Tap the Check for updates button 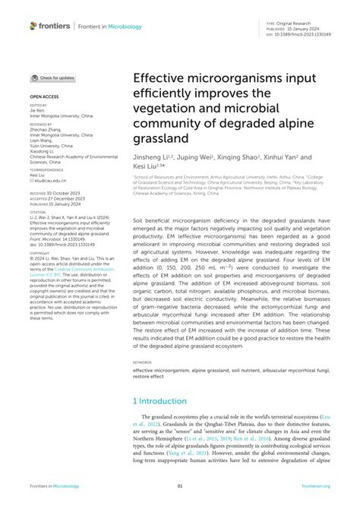pos(52,77)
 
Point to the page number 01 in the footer pos(180,486)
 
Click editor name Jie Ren pos(38,110)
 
